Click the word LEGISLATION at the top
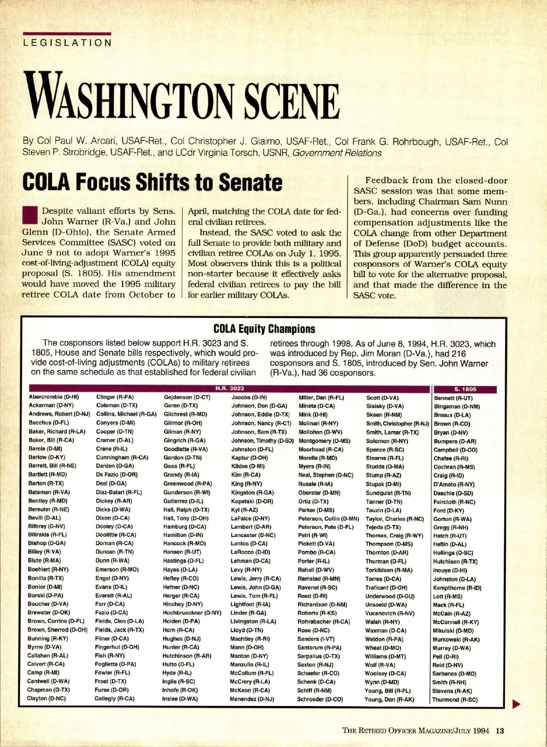pos(67,43)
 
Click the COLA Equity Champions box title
pos(264,329)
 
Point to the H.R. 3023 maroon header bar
pos(229,388)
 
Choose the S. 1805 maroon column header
pos(465,389)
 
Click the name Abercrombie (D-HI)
pos(54,397)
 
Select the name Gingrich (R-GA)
pos(185,441)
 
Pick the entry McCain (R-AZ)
pos(452,613)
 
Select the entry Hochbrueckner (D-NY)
pos(192,613)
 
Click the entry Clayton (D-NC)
pos(46,698)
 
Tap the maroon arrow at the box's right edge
pos(516,705)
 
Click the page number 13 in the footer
pos(500,731)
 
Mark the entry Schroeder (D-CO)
pos(320,699)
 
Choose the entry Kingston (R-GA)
pos(252,493)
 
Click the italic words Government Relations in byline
pos(337,153)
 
